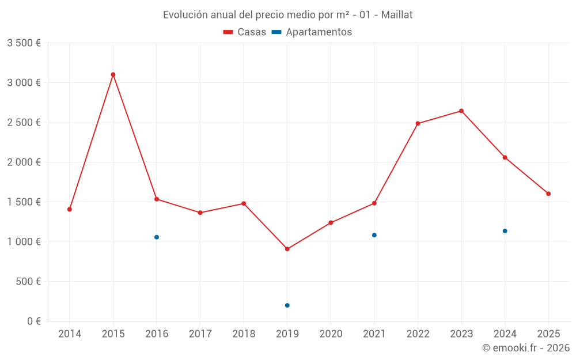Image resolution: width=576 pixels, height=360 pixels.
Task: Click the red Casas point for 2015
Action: (x=113, y=74)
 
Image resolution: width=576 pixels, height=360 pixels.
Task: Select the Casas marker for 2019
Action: (x=287, y=249)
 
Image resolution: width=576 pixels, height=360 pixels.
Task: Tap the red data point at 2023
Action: (x=461, y=111)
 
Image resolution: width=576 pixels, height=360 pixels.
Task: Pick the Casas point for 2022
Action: (x=418, y=123)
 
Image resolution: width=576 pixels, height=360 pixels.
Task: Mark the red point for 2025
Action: (x=548, y=194)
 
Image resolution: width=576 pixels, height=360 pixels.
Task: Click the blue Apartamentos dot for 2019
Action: (x=287, y=305)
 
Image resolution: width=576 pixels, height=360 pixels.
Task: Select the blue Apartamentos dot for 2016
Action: (x=157, y=237)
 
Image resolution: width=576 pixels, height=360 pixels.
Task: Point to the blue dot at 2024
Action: (x=505, y=231)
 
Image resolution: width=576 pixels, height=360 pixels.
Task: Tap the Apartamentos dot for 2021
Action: (x=374, y=235)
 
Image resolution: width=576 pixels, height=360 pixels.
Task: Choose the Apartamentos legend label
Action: (x=319, y=32)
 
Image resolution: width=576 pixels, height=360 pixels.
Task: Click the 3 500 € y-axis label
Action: (x=24, y=43)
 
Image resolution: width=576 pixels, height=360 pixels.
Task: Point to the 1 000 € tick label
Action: (x=24, y=242)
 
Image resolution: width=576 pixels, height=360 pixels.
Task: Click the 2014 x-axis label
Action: (x=70, y=334)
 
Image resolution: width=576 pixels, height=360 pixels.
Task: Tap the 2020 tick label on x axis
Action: (x=331, y=334)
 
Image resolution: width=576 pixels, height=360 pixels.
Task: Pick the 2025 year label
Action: (x=548, y=334)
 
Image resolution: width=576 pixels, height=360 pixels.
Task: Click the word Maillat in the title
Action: (x=397, y=15)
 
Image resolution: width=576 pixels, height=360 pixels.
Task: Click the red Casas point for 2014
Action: (x=70, y=209)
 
